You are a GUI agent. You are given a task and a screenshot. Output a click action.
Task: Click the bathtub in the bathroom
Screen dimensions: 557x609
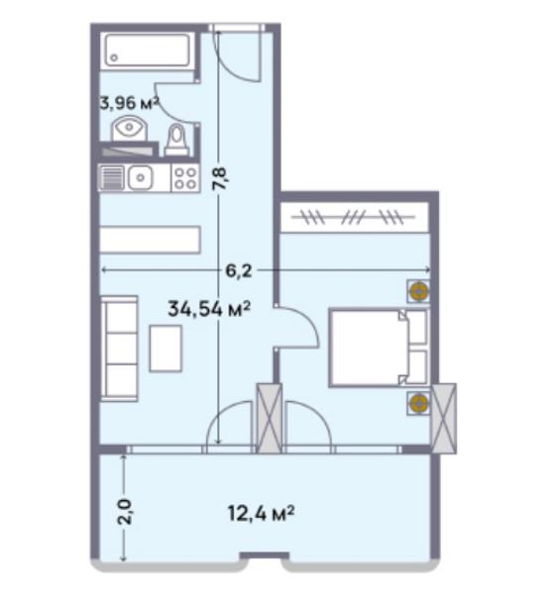[x=148, y=51]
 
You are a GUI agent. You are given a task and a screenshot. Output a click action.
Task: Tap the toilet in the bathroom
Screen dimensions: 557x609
[x=177, y=140]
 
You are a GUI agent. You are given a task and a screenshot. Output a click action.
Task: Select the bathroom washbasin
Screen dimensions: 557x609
[x=130, y=128]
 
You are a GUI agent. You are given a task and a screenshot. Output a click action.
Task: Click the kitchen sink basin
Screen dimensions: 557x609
[x=141, y=178]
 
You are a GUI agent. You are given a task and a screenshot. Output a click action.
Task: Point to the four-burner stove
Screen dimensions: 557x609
[x=185, y=178]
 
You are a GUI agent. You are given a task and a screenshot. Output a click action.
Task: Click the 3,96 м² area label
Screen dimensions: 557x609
[x=130, y=103]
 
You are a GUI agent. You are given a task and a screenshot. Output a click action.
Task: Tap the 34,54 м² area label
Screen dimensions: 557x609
[x=209, y=309]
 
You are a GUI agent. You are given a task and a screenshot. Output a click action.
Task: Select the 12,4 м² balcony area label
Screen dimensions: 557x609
[x=261, y=514]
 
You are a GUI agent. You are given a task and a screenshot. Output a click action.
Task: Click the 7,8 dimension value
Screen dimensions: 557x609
[x=220, y=178]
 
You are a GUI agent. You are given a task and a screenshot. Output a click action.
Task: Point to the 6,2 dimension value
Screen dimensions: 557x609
[x=239, y=270]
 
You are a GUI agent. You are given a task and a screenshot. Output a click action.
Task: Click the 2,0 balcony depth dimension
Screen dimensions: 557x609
[x=125, y=512]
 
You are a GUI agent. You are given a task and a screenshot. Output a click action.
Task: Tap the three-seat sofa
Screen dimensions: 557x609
[x=119, y=349]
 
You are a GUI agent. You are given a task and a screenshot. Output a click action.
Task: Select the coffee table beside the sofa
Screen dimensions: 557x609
[x=166, y=349]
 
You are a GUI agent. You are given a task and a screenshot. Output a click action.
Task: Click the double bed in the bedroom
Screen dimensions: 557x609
[x=379, y=348]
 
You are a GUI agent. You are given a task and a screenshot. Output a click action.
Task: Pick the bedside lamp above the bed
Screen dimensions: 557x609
[x=419, y=290]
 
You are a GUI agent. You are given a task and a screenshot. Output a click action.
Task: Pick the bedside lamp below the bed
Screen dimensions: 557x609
[x=419, y=403]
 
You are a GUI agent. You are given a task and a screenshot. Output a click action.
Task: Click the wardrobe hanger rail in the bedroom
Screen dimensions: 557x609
[x=353, y=217]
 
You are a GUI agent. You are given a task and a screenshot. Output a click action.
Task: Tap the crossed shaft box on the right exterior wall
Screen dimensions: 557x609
[x=444, y=418]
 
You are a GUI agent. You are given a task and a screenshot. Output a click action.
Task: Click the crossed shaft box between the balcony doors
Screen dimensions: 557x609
[x=270, y=418]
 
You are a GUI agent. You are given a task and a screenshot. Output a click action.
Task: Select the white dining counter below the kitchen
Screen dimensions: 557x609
[x=150, y=240]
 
